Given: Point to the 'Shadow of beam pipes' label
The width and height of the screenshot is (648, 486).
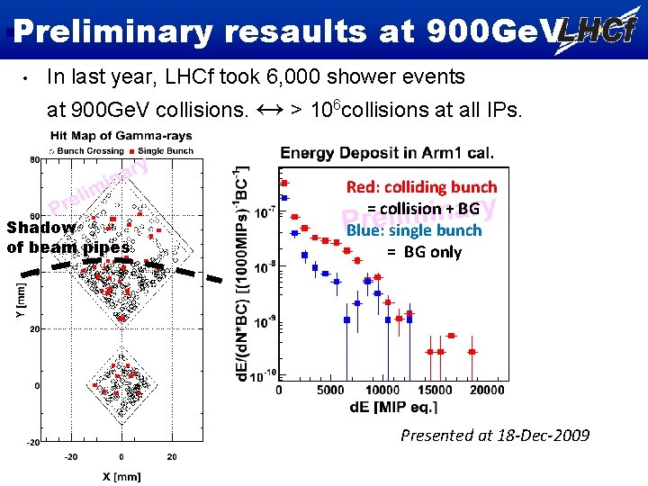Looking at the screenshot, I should [x=67, y=238].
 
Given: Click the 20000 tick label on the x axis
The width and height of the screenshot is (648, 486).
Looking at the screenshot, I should [x=486, y=390].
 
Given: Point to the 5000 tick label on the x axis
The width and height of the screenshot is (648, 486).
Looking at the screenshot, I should [x=331, y=390].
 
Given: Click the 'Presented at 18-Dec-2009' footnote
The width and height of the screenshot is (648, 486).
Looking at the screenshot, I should [x=495, y=436].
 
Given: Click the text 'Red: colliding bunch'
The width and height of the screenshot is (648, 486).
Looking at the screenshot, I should [x=421, y=187].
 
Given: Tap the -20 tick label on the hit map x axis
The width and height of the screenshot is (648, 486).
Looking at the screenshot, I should [x=70, y=456].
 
